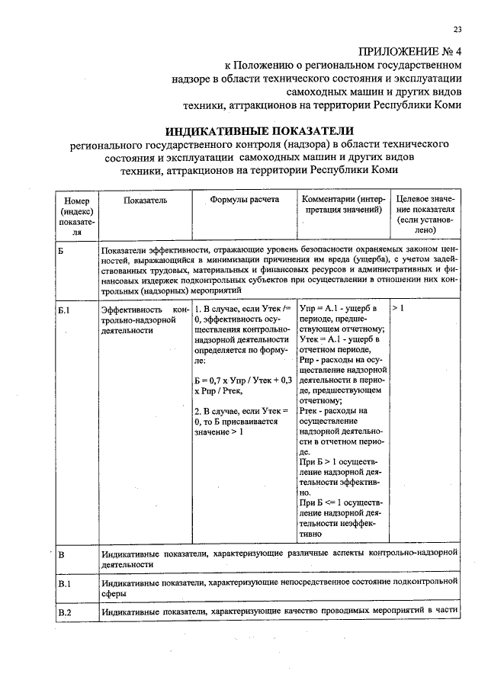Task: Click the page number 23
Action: click(x=457, y=30)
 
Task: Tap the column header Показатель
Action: click(x=144, y=199)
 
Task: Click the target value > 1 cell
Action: click(x=398, y=307)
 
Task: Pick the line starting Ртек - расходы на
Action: click(x=333, y=411)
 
